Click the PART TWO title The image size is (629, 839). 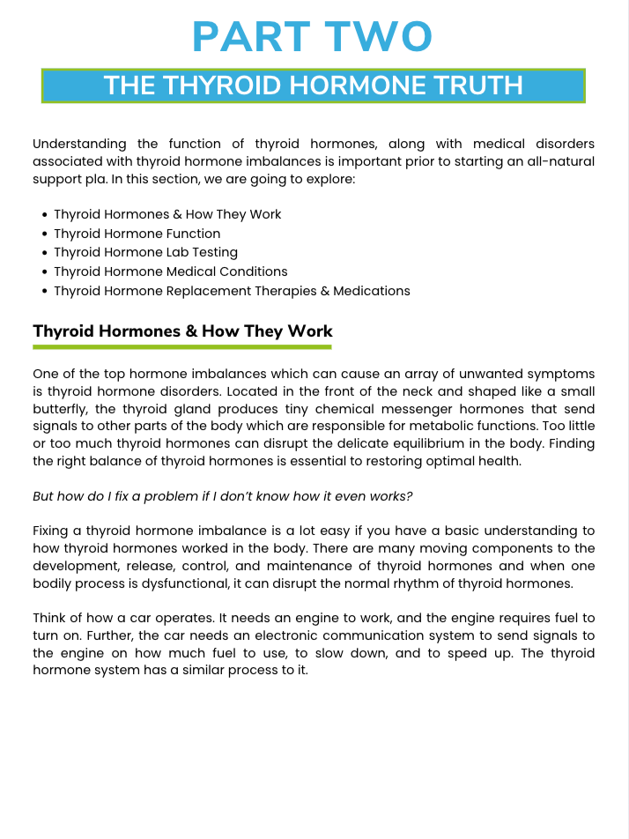pos(313,37)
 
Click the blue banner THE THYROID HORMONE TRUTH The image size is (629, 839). pos(313,85)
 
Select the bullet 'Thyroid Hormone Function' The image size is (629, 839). pos(137,234)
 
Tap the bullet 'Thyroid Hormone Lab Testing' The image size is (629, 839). pos(145,253)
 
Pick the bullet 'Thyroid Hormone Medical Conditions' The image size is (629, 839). pos(170,271)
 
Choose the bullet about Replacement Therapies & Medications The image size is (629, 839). pos(232,291)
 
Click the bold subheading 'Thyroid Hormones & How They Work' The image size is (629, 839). pos(182,331)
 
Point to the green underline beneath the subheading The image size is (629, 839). pos(182,347)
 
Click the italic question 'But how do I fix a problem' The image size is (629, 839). pos(222,496)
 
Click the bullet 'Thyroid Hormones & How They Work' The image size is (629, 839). pos(167,214)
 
